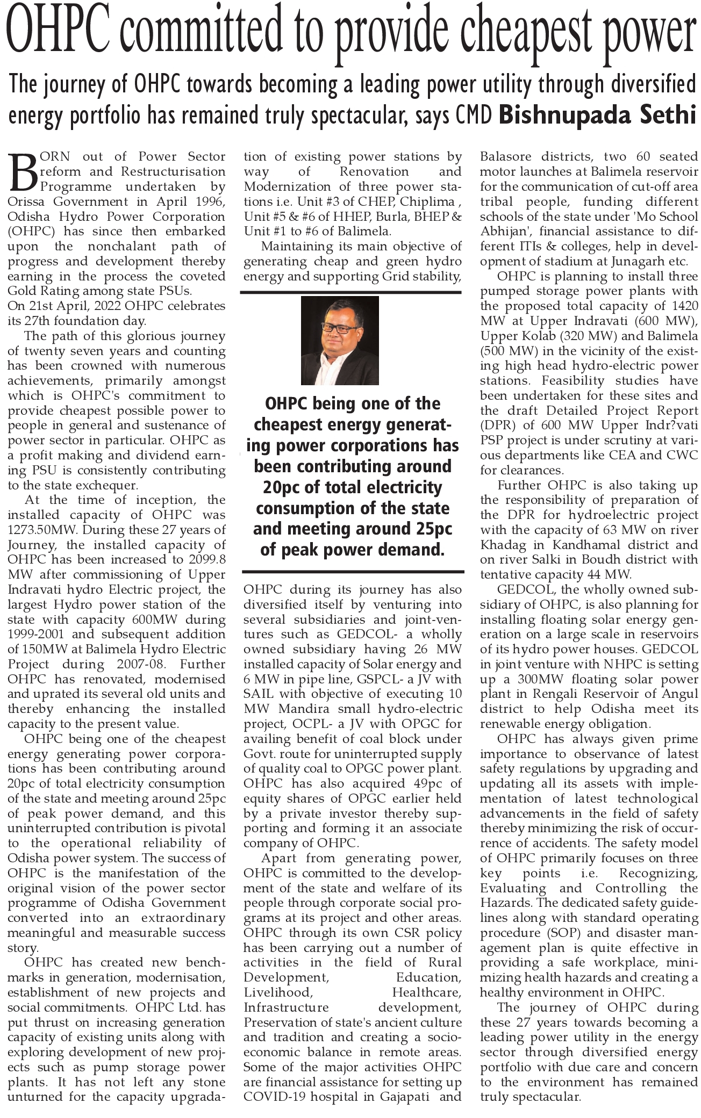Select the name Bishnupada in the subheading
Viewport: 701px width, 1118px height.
[566, 115]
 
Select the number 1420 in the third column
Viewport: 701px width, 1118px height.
[681, 306]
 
